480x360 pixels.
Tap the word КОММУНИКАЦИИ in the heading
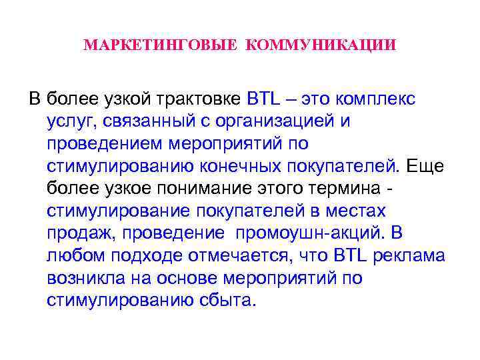click(x=321, y=46)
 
